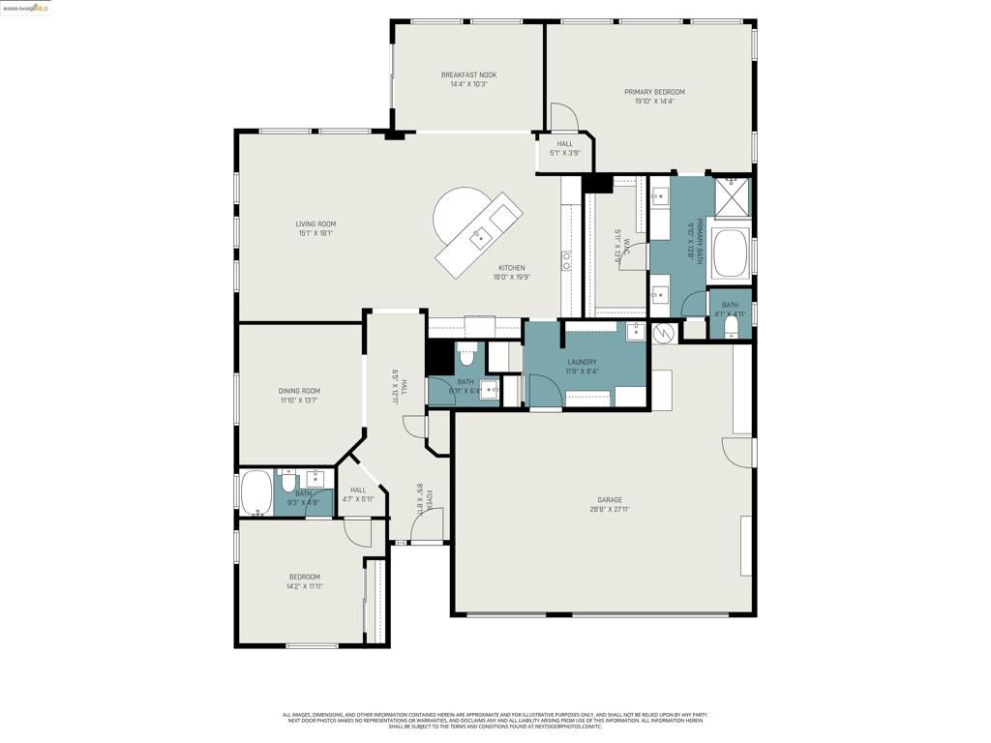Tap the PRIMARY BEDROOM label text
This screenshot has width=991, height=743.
point(654,92)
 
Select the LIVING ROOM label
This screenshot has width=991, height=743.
point(315,223)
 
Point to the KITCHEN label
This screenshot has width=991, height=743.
point(512,268)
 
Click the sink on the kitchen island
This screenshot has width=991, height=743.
point(478,234)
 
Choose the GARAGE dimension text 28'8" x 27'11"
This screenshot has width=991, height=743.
point(609,509)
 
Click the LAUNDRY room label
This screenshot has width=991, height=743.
point(582,362)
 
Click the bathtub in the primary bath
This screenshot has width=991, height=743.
point(730,252)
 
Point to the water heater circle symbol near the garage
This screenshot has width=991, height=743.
point(664,333)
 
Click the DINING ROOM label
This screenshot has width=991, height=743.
point(299,391)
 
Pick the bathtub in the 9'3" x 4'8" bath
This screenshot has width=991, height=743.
point(255,493)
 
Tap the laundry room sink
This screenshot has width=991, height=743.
point(635,333)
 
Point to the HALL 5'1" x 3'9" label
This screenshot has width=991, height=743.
point(565,144)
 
